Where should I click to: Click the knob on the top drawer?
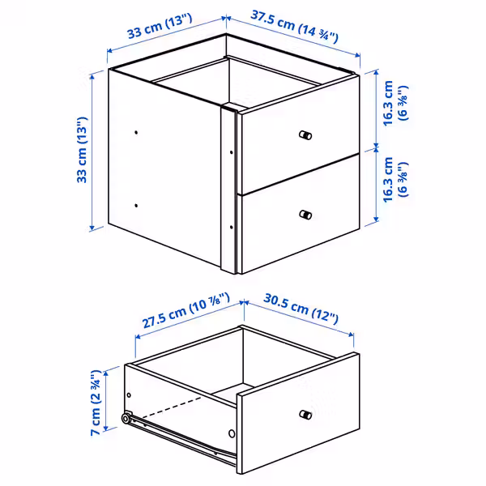(x=305, y=134)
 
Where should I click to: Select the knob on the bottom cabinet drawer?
(x=305, y=215)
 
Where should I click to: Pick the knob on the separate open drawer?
(x=305, y=416)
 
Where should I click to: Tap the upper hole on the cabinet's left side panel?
(x=136, y=131)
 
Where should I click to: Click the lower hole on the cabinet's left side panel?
(x=136, y=205)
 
